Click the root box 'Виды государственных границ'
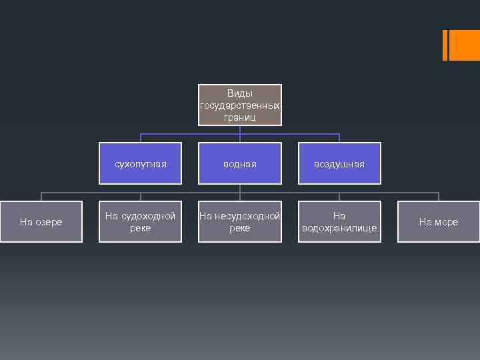[240, 105]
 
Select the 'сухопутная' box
[140, 163]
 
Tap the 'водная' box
[240, 163]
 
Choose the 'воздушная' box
[339, 163]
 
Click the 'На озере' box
[41, 222]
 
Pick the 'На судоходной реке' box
[140, 222]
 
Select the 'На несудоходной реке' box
[240, 222]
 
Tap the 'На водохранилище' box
[339, 222]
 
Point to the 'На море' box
[438, 222]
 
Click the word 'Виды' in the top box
[240, 94]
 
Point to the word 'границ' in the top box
[240, 117]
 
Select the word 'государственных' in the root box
[240, 105]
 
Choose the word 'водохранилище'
[339, 228]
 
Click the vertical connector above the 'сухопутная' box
[140, 138]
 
